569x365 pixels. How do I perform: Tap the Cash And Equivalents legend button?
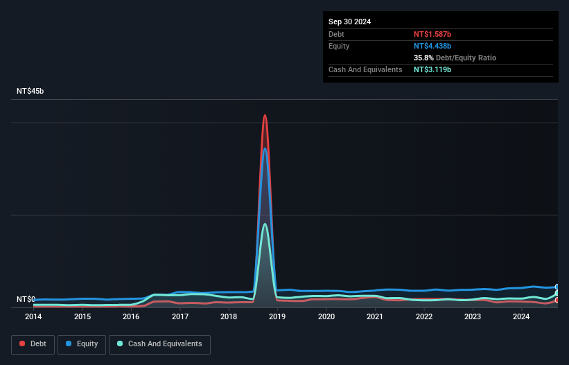click(x=159, y=344)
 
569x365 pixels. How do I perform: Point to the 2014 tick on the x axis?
click(x=33, y=317)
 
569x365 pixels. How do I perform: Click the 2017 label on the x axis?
click(x=180, y=317)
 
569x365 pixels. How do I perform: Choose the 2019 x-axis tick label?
click(x=277, y=317)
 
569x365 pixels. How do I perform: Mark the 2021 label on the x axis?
click(x=375, y=317)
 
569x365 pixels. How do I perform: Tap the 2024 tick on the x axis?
click(x=521, y=317)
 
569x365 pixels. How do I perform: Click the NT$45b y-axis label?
click(x=30, y=92)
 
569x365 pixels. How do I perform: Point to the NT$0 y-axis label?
click(x=26, y=299)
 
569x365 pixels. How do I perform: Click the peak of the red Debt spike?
click(x=265, y=115)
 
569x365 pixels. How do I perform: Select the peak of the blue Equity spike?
click(x=265, y=148)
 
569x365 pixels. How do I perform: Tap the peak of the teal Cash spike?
click(x=265, y=223)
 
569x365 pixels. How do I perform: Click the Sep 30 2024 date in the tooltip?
click(x=350, y=22)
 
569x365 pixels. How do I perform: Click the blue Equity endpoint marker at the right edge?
click(x=557, y=287)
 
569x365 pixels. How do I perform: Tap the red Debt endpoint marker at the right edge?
click(x=557, y=300)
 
